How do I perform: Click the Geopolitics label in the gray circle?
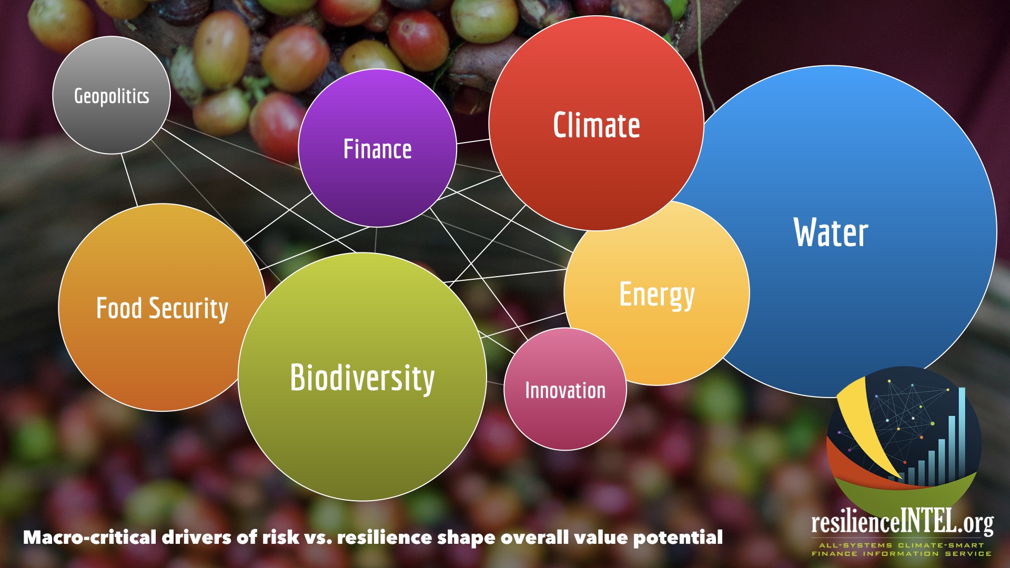112,96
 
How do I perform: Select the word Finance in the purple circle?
377,149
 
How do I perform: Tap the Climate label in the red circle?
597,125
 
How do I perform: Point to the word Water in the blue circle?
831,232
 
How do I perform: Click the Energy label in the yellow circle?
657,295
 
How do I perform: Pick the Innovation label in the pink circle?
565,391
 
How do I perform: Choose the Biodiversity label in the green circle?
362,378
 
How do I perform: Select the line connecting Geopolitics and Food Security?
129,179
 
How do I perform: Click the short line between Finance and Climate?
473,141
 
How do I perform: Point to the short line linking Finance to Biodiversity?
376,240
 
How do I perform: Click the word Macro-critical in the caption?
90,537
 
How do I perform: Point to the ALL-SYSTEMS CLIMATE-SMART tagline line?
902,545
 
